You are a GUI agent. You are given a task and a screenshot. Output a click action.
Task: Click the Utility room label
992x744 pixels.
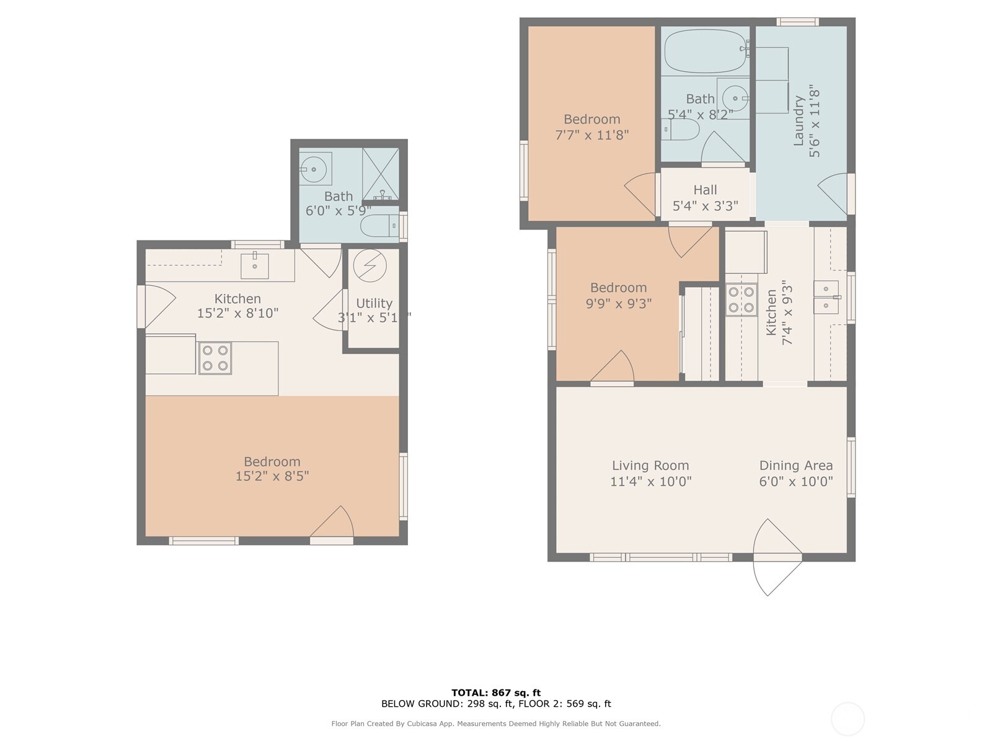click(374, 303)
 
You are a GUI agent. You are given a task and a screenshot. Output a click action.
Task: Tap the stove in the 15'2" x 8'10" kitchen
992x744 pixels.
click(215, 358)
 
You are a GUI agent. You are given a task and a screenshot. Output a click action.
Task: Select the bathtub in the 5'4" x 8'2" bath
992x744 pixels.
click(705, 51)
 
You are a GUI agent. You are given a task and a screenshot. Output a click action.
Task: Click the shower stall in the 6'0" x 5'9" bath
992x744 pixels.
click(381, 174)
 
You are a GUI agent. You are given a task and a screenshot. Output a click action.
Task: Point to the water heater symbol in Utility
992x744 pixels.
click(370, 265)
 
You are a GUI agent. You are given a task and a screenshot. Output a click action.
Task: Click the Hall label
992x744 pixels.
click(705, 190)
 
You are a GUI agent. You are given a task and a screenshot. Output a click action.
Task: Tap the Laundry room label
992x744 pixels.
click(799, 120)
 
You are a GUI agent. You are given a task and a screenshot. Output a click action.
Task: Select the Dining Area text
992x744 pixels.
click(795, 466)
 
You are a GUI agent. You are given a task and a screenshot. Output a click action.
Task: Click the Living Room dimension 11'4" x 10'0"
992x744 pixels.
click(650, 482)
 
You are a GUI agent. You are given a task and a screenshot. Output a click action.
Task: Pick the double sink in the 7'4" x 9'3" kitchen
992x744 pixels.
click(826, 297)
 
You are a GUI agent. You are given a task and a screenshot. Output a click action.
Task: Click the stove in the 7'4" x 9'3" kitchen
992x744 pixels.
click(742, 299)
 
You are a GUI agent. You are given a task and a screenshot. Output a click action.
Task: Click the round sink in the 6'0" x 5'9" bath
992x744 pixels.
click(315, 168)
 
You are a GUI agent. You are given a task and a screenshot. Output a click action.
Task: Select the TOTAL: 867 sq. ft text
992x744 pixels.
click(495, 693)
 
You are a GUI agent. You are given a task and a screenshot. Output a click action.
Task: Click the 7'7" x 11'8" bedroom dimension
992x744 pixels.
click(591, 135)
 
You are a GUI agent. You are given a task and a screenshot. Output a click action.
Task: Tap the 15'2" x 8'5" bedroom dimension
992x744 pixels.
click(272, 476)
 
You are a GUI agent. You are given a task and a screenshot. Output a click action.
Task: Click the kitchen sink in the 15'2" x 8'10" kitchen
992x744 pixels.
click(255, 266)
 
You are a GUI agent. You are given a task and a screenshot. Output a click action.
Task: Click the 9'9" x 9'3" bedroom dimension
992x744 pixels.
click(618, 304)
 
